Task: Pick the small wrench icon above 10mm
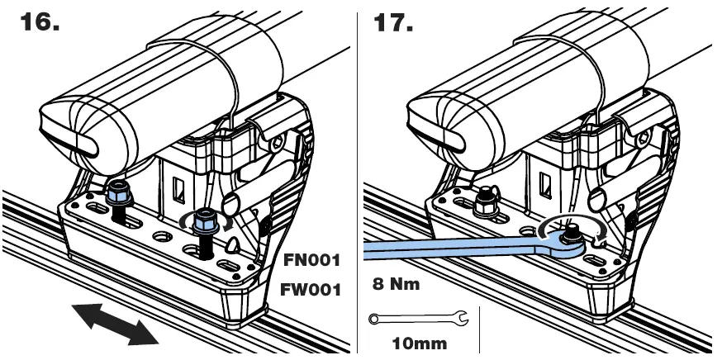tap(418, 317)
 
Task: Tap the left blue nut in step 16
tap(118, 195)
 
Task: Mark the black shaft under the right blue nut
tap(200, 244)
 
